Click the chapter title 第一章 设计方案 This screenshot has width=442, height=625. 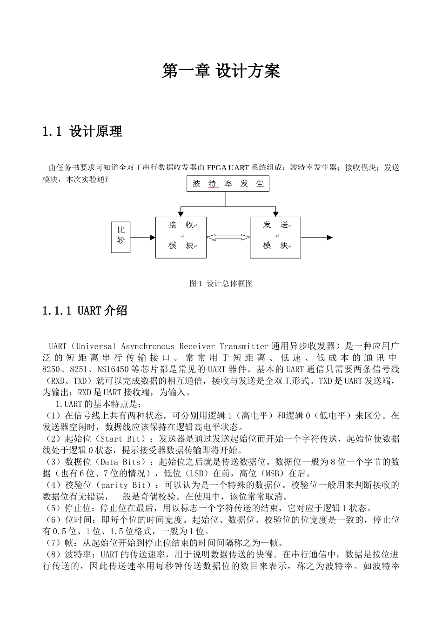(221, 71)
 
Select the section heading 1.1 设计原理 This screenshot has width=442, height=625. (82, 132)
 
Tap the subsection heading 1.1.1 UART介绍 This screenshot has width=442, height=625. (84, 311)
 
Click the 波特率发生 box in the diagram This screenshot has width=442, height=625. (228, 184)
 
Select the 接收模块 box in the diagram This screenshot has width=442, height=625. (181, 237)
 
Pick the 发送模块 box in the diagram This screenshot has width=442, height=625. (275, 237)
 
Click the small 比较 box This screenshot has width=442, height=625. (121, 237)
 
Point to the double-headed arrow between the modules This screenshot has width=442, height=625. (228, 238)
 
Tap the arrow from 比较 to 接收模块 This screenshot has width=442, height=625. (143, 238)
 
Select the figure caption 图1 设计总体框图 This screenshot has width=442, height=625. (221, 284)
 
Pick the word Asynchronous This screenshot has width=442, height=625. (147, 346)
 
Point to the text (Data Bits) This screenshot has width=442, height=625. (124, 462)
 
